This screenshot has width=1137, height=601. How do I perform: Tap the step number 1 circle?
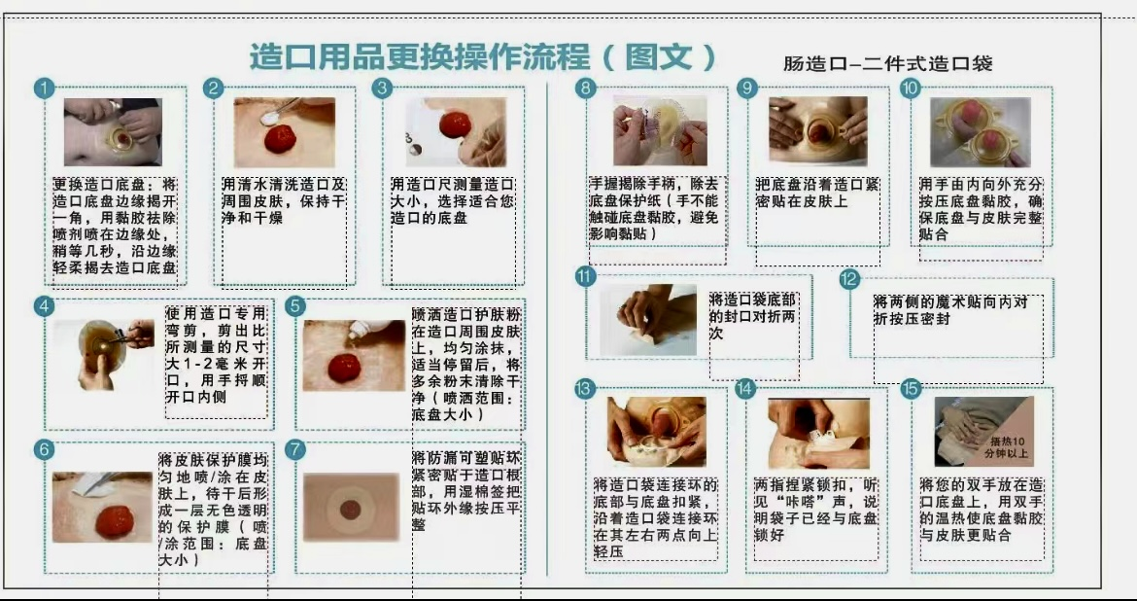point(43,88)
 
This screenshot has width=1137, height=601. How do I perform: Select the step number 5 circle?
point(296,305)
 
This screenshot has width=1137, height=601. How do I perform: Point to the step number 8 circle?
point(584,88)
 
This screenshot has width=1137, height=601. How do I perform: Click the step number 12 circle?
point(848,279)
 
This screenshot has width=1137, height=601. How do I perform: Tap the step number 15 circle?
point(910,389)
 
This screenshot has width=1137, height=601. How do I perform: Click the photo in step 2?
point(284,131)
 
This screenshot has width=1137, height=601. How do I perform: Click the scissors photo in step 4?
point(105,354)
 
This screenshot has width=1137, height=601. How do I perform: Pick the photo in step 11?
point(648,320)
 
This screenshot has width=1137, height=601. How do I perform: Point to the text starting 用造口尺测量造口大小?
point(452,200)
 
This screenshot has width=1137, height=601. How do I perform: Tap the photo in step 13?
point(657,432)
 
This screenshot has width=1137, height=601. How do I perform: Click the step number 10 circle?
point(910,88)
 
